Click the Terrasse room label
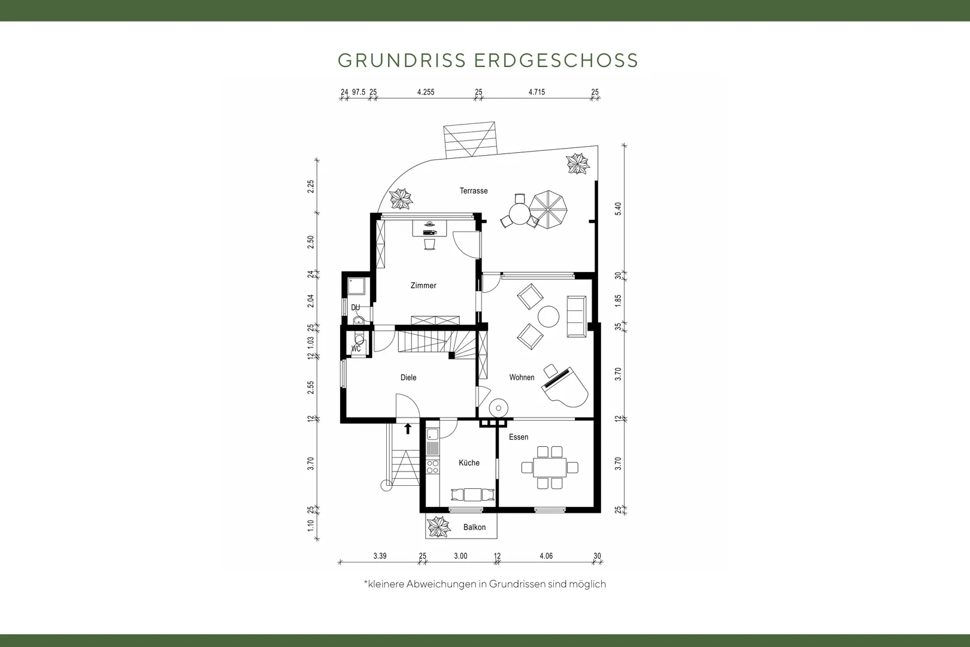(x=473, y=191)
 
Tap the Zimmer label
(x=423, y=286)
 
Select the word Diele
(x=408, y=377)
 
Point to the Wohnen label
(x=522, y=377)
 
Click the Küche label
(x=469, y=463)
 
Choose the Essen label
(x=519, y=437)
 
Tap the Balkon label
(x=474, y=527)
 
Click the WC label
(x=356, y=349)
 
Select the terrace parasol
(x=548, y=210)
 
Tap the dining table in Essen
(x=550, y=468)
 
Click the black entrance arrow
(x=408, y=428)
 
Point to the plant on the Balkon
(x=439, y=527)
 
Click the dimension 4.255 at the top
(x=426, y=92)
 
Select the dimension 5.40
(x=618, y=209)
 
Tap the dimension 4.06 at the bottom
(x=546, y=556)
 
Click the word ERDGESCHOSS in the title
(x=556, y=61)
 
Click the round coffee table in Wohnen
(x=548, y=317)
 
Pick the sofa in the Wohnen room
(x=577, y=316)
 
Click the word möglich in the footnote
(x=587, y=584)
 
